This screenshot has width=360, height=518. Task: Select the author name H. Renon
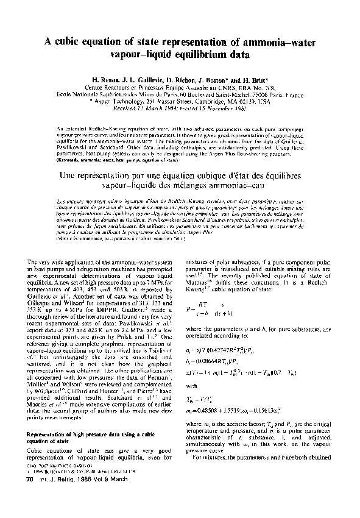[107, 80]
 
